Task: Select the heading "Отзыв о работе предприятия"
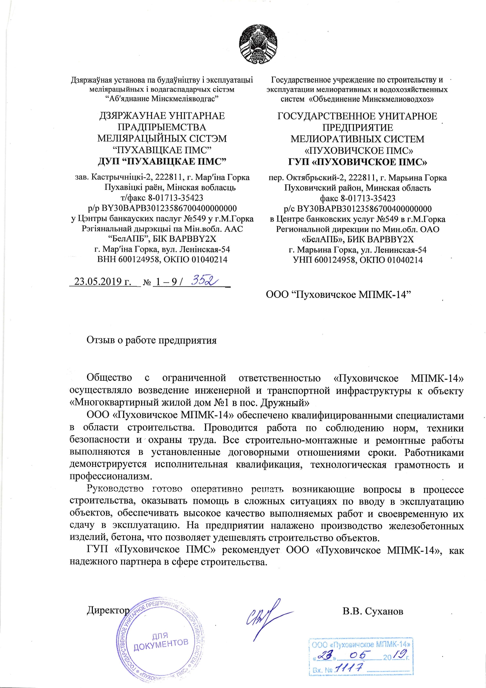(151, 340)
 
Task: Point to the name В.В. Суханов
(373, 611)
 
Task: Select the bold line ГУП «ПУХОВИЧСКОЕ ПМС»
(357, 162)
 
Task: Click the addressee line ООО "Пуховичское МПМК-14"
(338, 294)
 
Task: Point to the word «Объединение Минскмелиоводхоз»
(372, 99)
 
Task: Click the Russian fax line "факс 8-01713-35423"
(357, 198)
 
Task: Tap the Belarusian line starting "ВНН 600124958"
(162, 259)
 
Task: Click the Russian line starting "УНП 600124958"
(357, 260)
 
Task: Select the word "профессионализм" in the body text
(110, 477)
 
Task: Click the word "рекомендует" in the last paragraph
(250, 550)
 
